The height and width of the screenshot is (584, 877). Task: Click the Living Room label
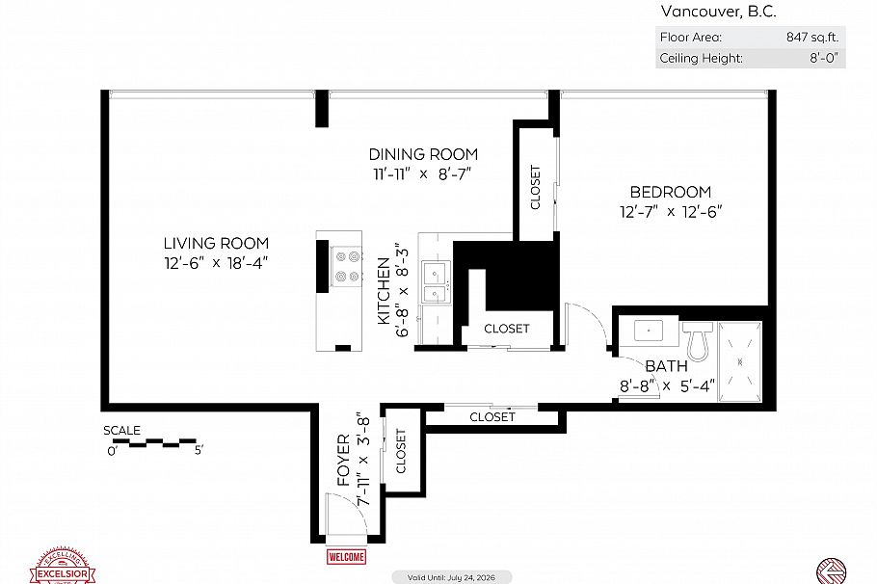click(216, 244)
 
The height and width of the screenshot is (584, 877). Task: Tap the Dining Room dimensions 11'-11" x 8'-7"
click(423, 174)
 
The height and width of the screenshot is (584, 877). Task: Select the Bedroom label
click(670, 192)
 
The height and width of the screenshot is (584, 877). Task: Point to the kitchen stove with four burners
click(347, 266)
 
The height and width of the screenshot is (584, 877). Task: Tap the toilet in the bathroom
click(697, 336)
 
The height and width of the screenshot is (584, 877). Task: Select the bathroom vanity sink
click(650, 332)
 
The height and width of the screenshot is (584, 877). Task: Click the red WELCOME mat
click(346, 557)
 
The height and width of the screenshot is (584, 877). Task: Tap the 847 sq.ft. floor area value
click(813, 39)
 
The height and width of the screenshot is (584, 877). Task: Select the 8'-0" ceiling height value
click(824, 58)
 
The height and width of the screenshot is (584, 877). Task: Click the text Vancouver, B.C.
click(718, 12)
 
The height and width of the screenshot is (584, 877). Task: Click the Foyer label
click(344, 460)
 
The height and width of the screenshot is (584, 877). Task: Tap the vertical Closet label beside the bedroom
click(536, 188)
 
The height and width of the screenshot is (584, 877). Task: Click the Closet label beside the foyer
click(401, 450)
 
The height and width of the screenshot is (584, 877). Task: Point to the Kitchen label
click(384, 290)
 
